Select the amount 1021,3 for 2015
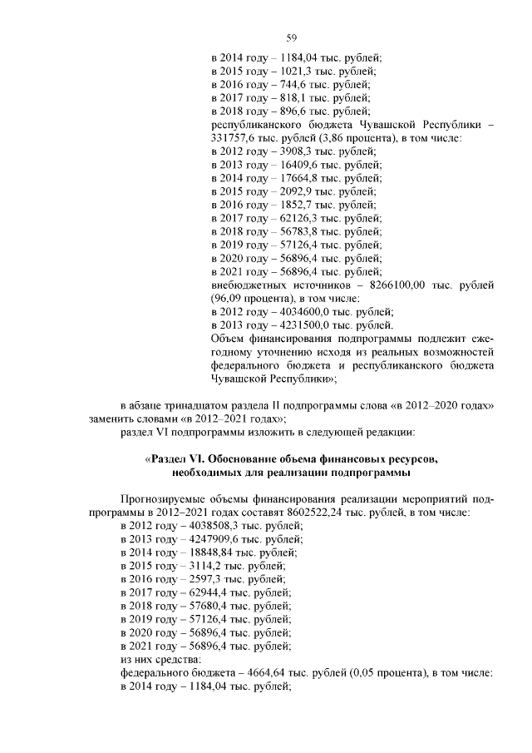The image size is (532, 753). coord(292,71)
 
